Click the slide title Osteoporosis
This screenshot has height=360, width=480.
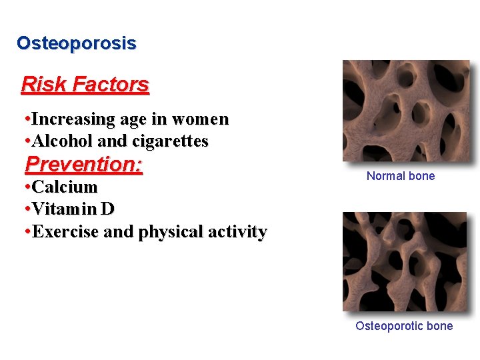[x=76, y=43]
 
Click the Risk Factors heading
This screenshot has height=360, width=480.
[x=85, y=85]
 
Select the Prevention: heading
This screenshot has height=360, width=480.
[x=83, y=164]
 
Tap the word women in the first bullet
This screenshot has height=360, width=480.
[x=200, y=119]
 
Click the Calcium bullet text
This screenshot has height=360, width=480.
[x=65, y=187]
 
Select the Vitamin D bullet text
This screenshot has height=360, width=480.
[x=73, y=209]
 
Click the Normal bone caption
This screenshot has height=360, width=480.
[x=400, y=176]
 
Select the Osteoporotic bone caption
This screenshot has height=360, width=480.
[x=403, y=326]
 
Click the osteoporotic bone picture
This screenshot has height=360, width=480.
[x=404, y=261]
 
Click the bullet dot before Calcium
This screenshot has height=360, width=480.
[x=25, y=187]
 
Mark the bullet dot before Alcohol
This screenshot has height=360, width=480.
[x=25, y=141]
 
